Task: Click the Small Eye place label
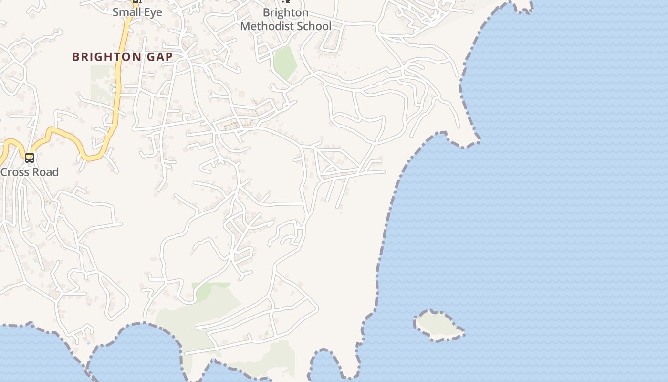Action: [137, 12]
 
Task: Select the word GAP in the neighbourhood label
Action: [160, 57]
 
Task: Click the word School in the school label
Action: [314, 26]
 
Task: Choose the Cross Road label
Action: [30, 172]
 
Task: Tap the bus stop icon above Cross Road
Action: [30, 158]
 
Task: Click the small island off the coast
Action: [438, 326]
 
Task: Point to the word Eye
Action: [153, 12]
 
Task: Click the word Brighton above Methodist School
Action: [285, 12]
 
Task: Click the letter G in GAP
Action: [151, 57]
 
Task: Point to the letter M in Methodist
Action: [245, 26]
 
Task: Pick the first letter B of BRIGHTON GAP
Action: [75, 57]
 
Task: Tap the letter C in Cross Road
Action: [4, 172]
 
